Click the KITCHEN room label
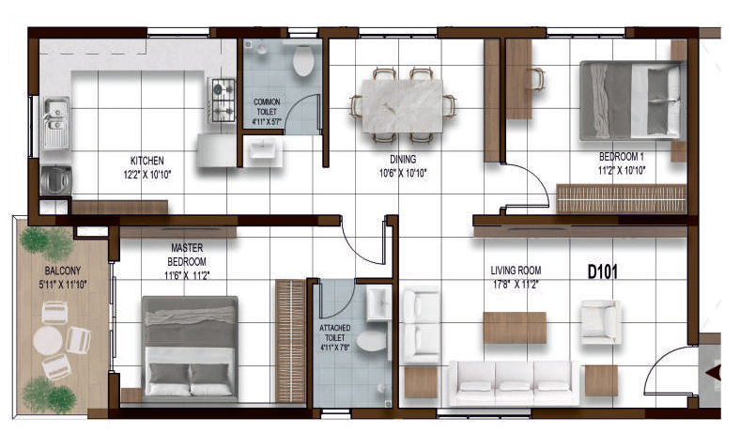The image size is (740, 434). pyautogui.click(x=147, y=161)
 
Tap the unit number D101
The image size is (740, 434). pyautogui.click(x=602, y=271)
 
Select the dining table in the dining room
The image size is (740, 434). pyautogui.click(x=402, y=106)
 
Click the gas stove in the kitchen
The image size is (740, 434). pyautogui.click(x=223, y=101)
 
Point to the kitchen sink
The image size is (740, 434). pyautogui.click(x=56, y=122)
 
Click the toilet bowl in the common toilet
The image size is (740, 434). pyautogui.click(x=303, y=60)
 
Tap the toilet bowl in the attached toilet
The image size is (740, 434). pyautogui.click(x=372, y=340)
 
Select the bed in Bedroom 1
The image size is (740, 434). pyautogui.click(x=632, y=101)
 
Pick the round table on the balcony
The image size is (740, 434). pyautogui.click(x=48, y=340)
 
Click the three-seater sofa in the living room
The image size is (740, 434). pyautogui.click(x=514, y=382)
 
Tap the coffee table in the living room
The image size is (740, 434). pyautogui.click(x=515, y=327)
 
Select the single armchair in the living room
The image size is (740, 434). pyautogui.click(x=601, y=321)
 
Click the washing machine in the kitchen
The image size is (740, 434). pyautogui.click(x=56, y=180)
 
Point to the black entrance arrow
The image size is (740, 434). pyautogui.click(x=714, y=373)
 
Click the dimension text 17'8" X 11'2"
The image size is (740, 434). pyautogui.click(x=516, y=285)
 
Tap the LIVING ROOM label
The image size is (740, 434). pyautogui.click(x=516, y=271)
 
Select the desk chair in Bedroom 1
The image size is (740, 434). pyautogui.click(x=535, y=79)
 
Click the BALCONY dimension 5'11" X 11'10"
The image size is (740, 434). pyautogui.click(x=63, y=285)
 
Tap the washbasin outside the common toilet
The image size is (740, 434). pyautogui.click(x=262, y=151)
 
